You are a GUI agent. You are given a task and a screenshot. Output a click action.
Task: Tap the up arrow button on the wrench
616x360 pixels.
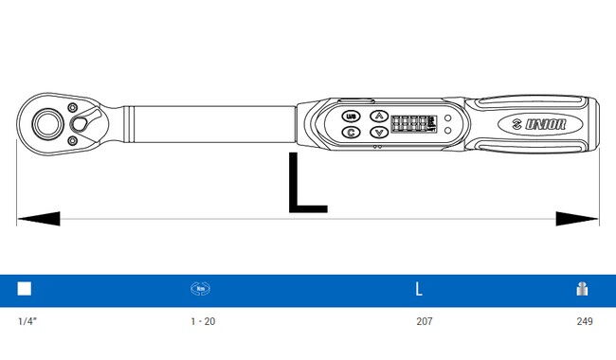[378, 116]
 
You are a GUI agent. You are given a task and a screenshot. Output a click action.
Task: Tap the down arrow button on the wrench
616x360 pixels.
[378, 133]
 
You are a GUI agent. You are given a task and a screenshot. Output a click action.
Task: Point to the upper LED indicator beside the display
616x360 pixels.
[447, 118]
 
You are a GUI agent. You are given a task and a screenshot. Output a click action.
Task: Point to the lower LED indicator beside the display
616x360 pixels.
[447, 131]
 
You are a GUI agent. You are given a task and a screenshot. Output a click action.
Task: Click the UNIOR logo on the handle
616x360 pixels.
[536, 124]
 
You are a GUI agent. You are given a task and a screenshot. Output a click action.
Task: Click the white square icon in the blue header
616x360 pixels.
[25, 289]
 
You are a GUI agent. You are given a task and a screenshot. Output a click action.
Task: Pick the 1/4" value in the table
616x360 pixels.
[27, 322]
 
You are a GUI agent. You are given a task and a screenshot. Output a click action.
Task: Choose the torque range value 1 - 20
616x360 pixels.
[203, 322]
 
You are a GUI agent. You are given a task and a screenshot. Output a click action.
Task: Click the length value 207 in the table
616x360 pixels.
[424, 322]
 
